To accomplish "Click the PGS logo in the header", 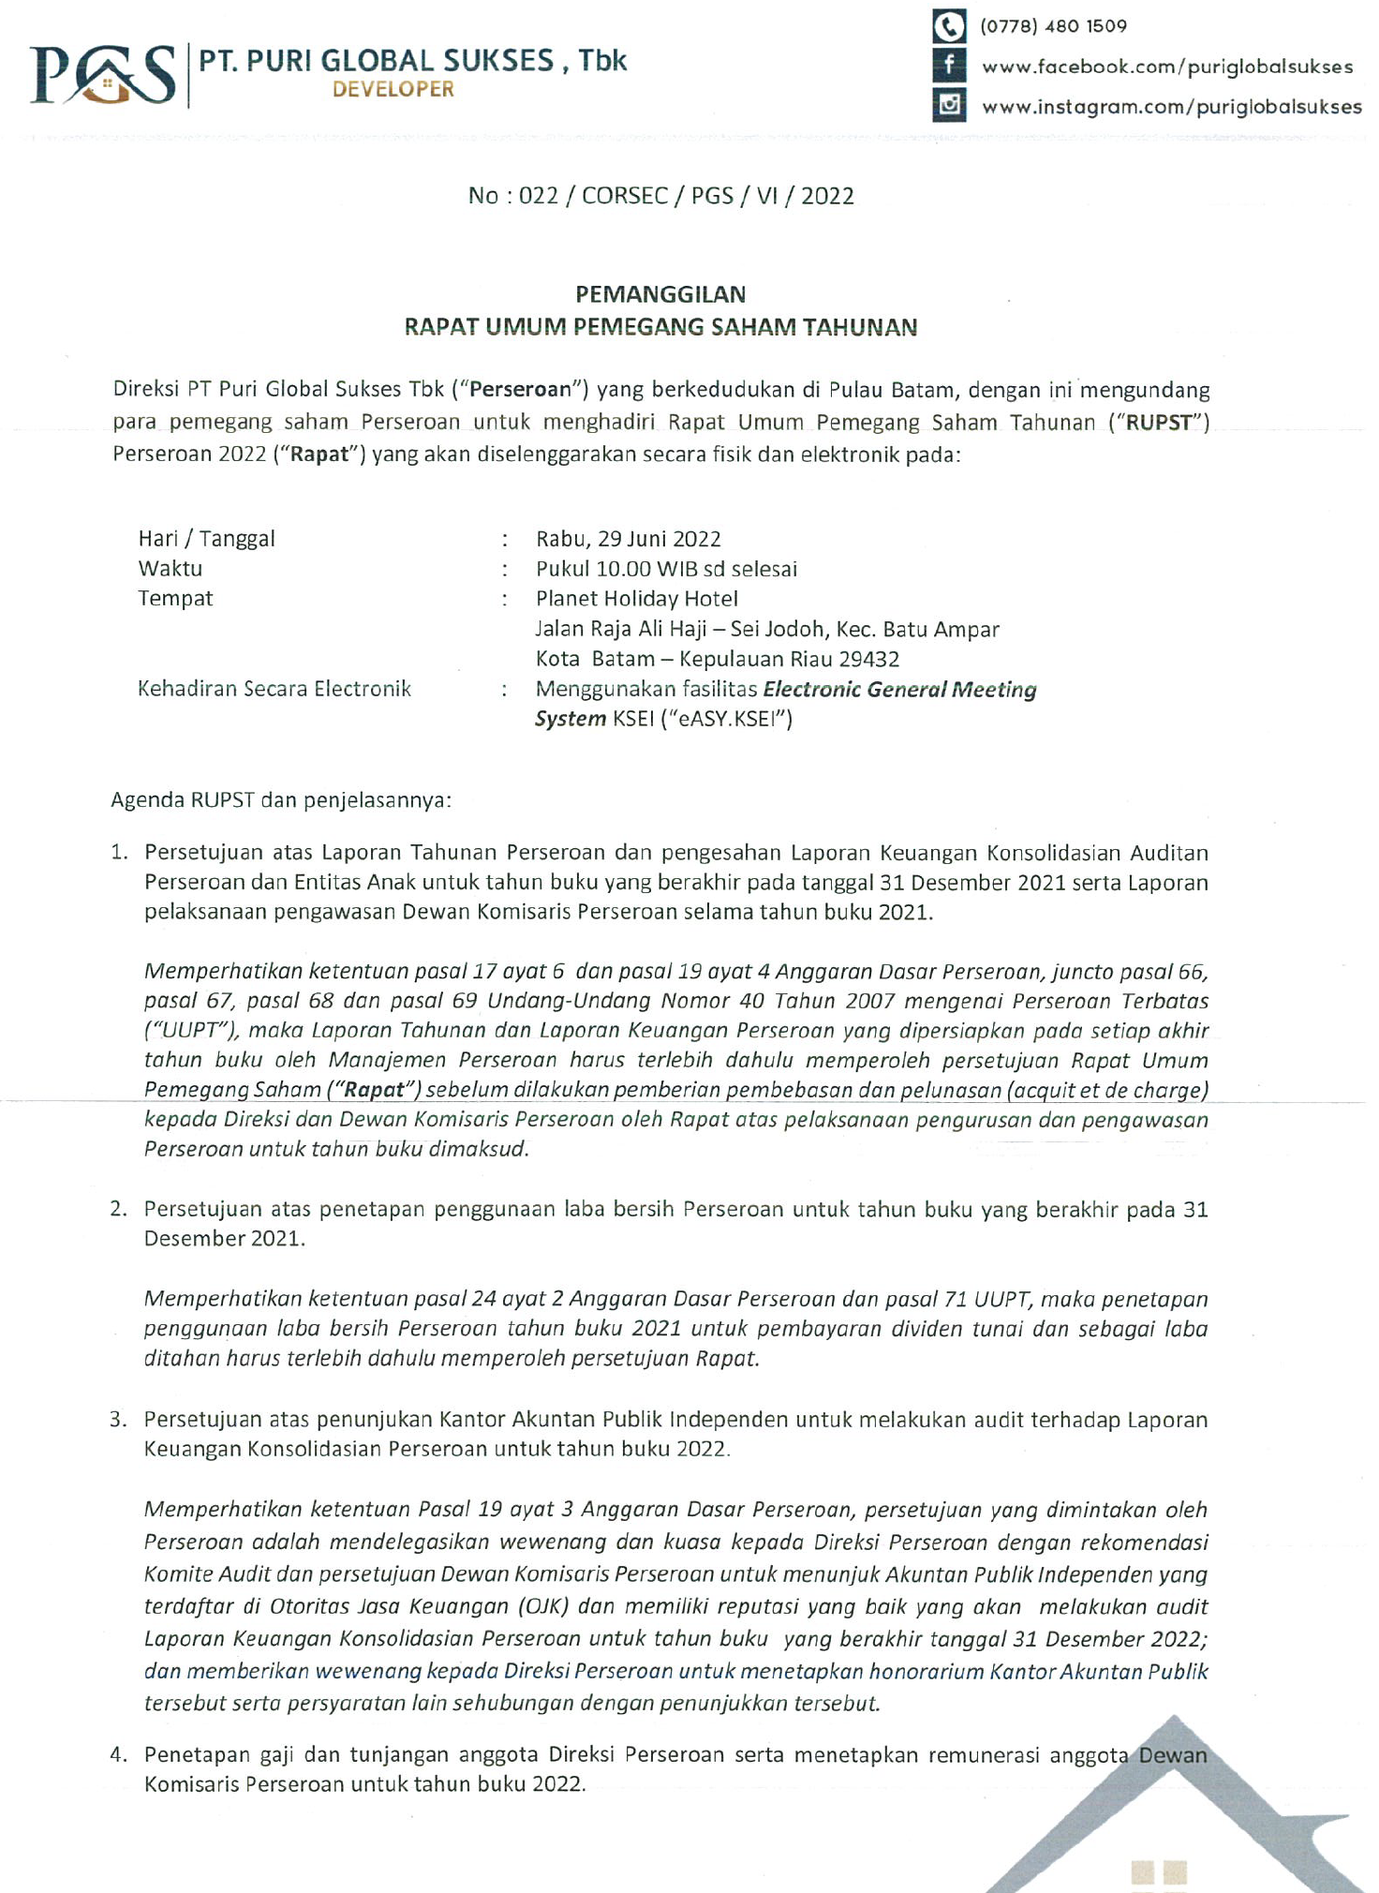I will (x=103, y=75).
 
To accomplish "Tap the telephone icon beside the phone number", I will (x=948, y=26).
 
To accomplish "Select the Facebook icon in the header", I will (x=948, y=66).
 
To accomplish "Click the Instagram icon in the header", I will (x=948, y=104).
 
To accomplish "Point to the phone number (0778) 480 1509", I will (x=1053, y=26).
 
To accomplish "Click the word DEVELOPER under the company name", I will (x=393, y=90).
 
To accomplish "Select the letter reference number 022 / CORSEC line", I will (x=661, y=196).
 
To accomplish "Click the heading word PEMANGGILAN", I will (x=660, y=294).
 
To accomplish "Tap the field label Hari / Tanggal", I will (x=207, y=539).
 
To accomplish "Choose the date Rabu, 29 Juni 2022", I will (x=629, y=539).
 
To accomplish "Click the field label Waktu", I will (x=171, y=569).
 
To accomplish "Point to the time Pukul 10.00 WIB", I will (x=617, y=569).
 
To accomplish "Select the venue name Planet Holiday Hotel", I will (x=637, y=599).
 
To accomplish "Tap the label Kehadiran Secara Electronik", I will (x=274, y=689).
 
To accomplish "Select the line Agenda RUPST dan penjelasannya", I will (x=281, y=800).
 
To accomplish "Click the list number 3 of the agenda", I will (x=117, y=1419).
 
